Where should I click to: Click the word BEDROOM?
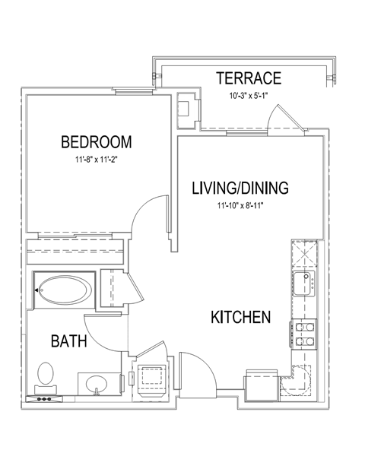pyautogui.click(x=97, y=142)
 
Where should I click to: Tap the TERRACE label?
pyautogui.click(x=249, y=78)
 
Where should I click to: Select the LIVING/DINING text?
pyautogui.click(x=240, y=188)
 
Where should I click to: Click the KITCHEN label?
pyautogui.click(x=240, y=317)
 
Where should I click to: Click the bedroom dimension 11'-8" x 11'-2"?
pyautogui.click(x=97, y=160)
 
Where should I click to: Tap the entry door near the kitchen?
pyautogui.click(x=194, y=372)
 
